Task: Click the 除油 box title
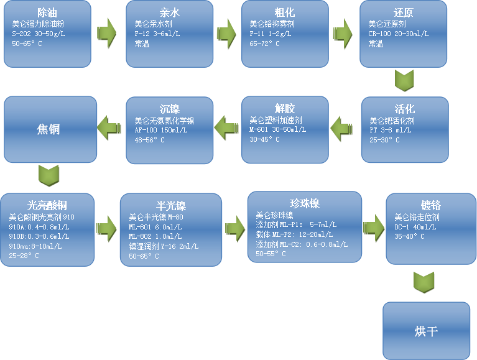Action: click(x=48, y=12)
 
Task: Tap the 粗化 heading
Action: click(x=285, y=12)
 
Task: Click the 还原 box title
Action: click(x=403, y=12)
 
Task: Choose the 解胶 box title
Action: click(x=285, y=109)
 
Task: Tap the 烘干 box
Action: click(x=426, y=330)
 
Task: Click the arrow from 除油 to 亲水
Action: click(x=110, y=34)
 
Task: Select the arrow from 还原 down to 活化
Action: click(x=404, y=81)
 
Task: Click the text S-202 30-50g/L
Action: click(x=37, y=34)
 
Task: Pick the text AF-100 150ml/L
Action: click(x=161, y=131)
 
